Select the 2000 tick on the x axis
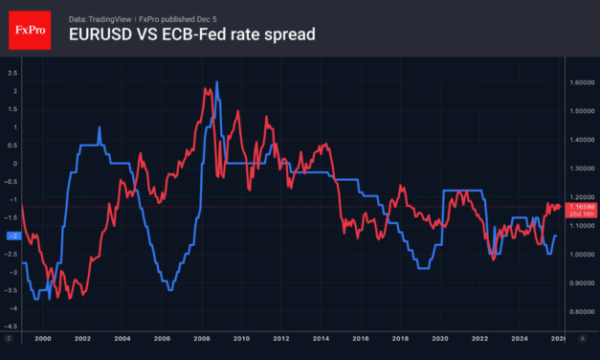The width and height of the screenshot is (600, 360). click(x=41, y=339)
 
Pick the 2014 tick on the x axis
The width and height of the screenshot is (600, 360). click(x=320, y=339)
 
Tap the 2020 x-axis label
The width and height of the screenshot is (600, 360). click(x=439, y=339)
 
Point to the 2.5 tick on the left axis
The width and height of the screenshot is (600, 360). click(x=12, y=72)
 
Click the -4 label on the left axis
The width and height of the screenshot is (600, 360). click(x=12, y=308)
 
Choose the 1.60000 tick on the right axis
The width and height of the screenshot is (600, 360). click(x=584, y=82)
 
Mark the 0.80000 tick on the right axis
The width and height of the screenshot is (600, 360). click(x=584, y=311)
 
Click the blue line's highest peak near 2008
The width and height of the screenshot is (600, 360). click(x=216, y=82)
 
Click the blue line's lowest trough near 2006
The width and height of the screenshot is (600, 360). click(x=169, y=289)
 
